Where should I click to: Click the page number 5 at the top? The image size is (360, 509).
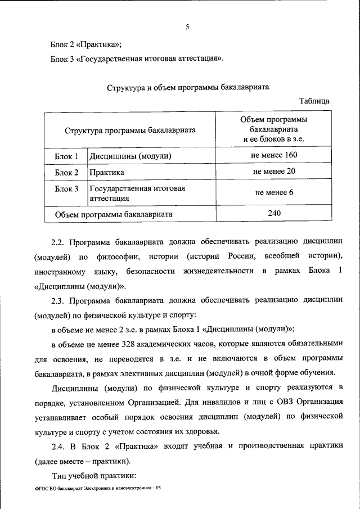187,25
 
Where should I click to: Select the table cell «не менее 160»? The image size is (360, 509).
275,155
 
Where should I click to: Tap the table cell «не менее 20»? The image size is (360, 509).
274,171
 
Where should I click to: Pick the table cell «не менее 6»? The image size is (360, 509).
274,192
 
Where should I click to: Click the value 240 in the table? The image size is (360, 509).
274,214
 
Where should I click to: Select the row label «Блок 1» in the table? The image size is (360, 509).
66,156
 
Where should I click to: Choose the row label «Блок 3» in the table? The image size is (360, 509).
66,188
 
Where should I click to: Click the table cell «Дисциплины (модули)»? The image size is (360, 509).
130,156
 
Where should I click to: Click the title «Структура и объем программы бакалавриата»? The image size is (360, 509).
188,88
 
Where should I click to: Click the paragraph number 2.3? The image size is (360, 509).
58,301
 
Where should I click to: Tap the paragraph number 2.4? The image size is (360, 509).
58,446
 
